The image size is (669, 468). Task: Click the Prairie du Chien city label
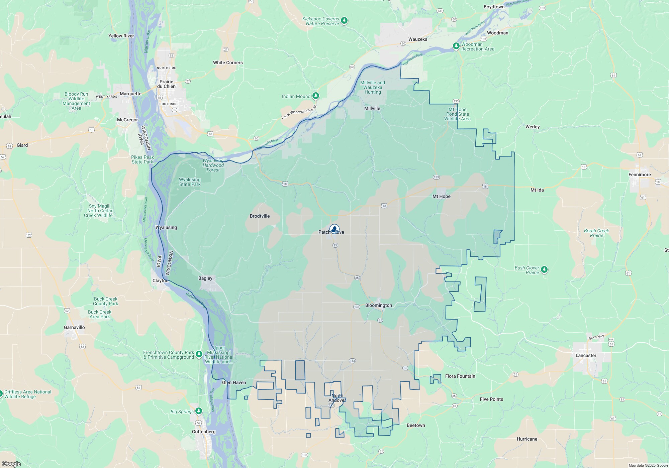[x=166, y=84]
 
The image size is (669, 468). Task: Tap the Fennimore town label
[x=640, y=174]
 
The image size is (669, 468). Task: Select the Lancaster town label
[x=586, y=355]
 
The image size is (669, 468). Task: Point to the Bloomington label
[x=378, y=305]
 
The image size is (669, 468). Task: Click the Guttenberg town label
[x=204, y=432]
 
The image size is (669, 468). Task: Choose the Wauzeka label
[x=418, y=39]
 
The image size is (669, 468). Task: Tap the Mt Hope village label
[x=441, y=196]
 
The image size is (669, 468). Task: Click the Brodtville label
[x=260, y=216]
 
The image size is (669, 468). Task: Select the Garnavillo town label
[x=74, y=327]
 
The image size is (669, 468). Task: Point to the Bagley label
[x=205, y=278]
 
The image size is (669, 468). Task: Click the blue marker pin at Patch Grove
[x=334, y=229]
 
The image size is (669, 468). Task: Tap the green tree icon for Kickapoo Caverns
[x=344, y=21]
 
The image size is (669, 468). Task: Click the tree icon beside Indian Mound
[x=315, y=96]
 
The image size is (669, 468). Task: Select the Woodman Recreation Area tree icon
[x=456, y=46]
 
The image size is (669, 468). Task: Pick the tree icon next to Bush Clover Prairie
[x=544, y=269]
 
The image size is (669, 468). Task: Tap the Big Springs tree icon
[x=199, y=411]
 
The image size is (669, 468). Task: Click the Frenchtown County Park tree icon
[x=199, y=354]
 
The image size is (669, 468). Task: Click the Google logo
[x=11, y=464]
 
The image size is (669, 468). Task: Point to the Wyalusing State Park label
[x=190, y=182]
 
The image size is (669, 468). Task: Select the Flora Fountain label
[x=460, y=376]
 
